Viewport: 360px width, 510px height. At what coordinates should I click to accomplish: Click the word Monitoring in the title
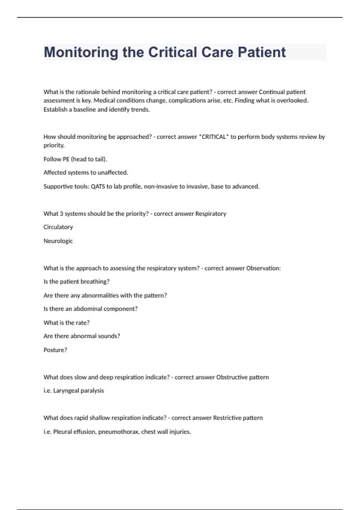coord(81,52)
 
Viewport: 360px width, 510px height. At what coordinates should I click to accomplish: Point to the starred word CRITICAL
coord(214,137)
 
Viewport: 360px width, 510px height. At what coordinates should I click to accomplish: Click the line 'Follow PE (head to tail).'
coord(75,159)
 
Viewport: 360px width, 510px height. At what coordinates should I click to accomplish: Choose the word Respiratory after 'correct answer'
coord(211,214)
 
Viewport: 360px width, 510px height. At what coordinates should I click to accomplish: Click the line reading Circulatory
coord(58,227)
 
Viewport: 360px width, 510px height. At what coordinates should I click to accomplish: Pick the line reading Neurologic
coord(58,241)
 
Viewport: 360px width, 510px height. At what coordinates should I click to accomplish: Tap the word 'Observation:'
coord(263,268)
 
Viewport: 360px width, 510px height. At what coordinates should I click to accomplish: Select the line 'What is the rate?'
coord(67,322)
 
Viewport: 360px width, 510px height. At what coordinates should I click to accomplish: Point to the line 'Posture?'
coord(55,350)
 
